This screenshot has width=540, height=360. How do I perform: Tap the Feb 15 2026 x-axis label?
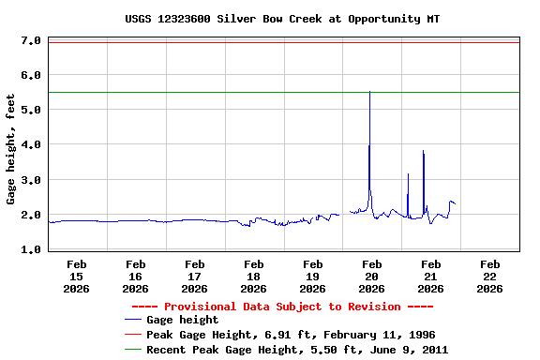[x=76, y=277]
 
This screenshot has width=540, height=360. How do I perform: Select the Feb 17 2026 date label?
[x=194, y=277]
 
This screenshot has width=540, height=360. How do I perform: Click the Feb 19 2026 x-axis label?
[x=312, y=277]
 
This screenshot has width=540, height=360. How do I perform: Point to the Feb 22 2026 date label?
[x=489, y=277]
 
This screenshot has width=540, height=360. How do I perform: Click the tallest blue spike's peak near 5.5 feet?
[x=369, y=92]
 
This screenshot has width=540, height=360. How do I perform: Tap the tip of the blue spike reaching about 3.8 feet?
[x=424, y=151]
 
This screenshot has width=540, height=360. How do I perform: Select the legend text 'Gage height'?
[x=183, y=321]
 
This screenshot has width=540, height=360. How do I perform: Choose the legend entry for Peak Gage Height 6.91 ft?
[x=291, y=335]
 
